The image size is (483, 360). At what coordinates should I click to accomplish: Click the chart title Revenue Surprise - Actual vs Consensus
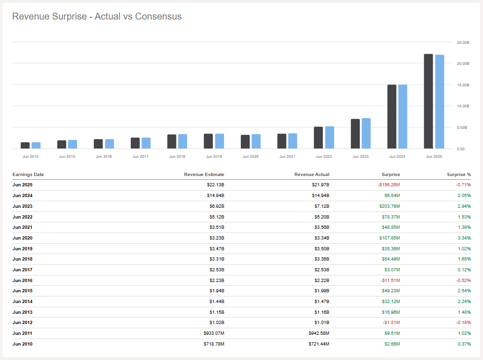click(x=97, y=16)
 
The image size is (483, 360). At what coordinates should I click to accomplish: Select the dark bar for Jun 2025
click(x=428, y=101)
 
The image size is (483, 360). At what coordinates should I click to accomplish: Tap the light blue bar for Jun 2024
click(x=403, y=117)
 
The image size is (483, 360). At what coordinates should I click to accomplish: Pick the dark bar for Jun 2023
click(x=355, y=134)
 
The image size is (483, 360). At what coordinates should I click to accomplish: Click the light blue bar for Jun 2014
click(x=36, y=146)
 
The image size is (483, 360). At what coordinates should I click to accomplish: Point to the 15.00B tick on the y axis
click(x=462, y=85)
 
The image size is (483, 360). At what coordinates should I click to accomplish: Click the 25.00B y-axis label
click(x=462, y=42)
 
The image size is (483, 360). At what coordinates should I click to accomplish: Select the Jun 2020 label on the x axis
click(x=251, y=156)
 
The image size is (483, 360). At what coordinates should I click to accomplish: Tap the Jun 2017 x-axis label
click(x=140, y=156)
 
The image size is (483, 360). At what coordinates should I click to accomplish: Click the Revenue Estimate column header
click(x=204, y=175)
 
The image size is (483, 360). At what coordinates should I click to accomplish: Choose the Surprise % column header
click(x=459, y=175)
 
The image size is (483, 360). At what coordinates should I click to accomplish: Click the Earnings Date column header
click(x=28, y=175)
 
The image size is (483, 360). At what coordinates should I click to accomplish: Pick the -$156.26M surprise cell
click(x=389, y=185)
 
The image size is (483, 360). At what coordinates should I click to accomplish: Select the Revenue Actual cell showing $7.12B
click(x=321, y=206)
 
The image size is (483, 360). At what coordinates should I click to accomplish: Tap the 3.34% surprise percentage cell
click(x=463, y=238)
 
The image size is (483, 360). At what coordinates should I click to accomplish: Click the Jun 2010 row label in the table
click(x=22, y=344)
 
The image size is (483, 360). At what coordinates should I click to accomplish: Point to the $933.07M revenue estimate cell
click(x=213, y=333)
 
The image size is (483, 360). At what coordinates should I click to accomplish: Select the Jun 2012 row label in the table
click(x=22, y=323)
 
